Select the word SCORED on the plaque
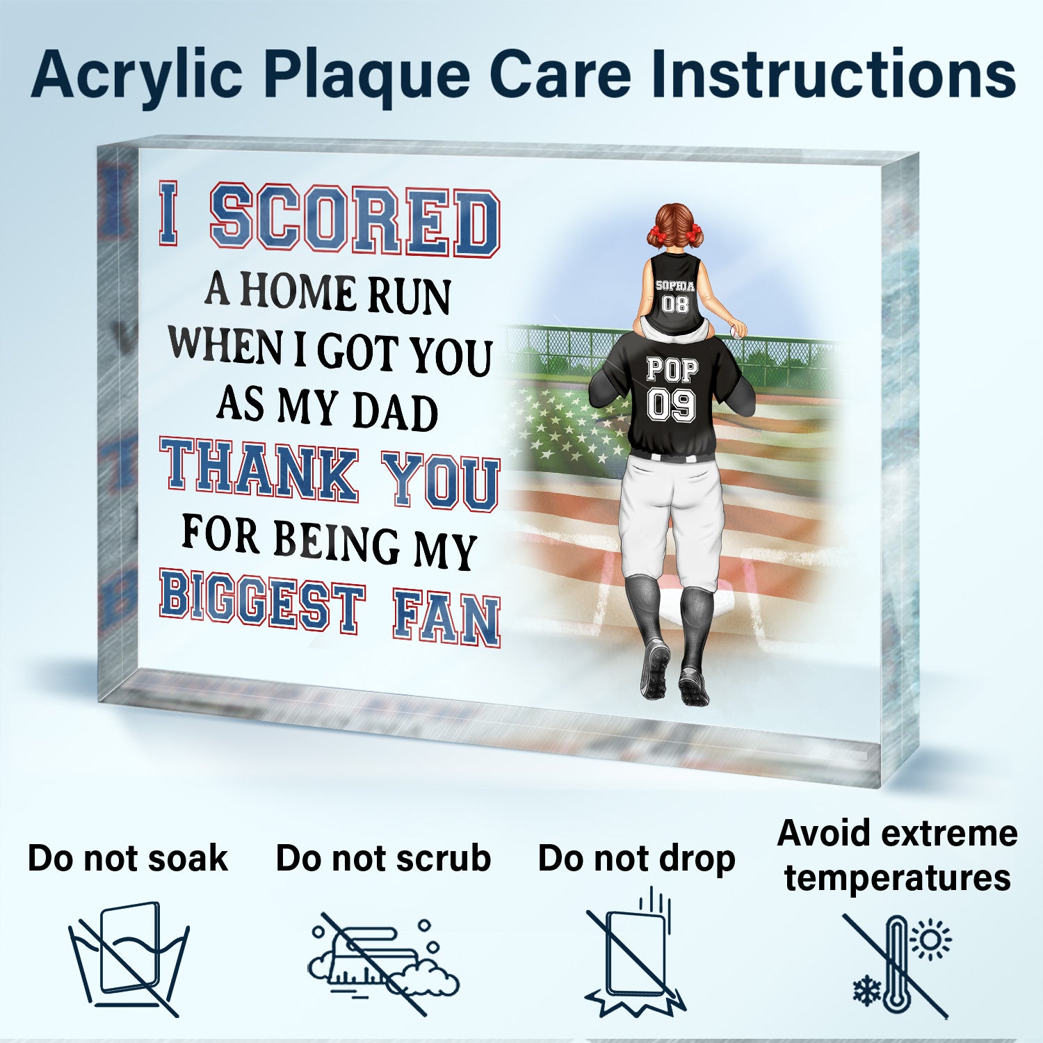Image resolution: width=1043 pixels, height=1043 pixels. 355,220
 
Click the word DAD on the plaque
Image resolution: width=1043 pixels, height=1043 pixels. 395,412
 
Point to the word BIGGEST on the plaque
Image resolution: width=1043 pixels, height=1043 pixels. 262,599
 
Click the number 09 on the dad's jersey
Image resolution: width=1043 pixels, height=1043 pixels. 671,405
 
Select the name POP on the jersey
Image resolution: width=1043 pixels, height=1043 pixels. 672,369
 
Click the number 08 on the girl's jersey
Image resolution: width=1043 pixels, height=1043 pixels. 674,303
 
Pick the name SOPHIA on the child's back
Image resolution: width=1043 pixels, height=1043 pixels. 675,286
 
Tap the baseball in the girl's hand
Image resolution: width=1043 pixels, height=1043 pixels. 736,333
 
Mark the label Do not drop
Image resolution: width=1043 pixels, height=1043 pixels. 636,858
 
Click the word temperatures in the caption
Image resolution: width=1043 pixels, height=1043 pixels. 897,878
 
